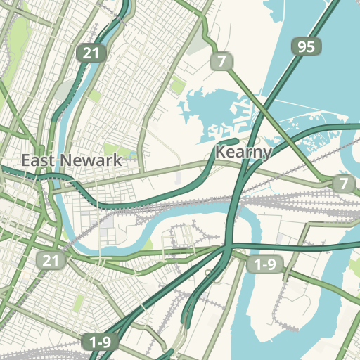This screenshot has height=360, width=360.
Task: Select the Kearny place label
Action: [x=243, y=151]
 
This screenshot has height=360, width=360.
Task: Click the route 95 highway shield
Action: [x=306, y=47]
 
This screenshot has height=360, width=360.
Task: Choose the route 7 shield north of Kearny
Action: [x=221, y=61]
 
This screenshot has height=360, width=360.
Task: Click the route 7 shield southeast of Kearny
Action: [x=343, y=184]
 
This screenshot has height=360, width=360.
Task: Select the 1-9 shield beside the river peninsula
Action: [x=264, y=264]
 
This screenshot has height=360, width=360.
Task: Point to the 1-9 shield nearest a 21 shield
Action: [x=99, y=342]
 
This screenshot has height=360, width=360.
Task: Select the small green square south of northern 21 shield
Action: [x=94, y=95]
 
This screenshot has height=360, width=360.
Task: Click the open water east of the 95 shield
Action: [x=337, y=56]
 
